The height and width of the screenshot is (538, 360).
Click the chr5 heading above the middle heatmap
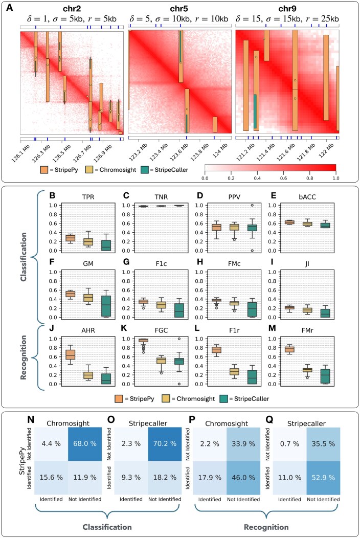click(x=178, y=9)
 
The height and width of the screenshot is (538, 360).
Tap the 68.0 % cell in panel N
click(x=85, y=443)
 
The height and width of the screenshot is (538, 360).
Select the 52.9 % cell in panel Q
click(x=323, y=477)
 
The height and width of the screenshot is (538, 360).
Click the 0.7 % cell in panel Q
click(x=289, y=443)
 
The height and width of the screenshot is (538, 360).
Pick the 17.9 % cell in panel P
click(x=209, y=477)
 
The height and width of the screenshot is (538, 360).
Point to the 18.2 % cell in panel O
click(x=165, y=477)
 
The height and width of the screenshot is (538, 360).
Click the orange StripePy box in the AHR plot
click(x=71, y=354)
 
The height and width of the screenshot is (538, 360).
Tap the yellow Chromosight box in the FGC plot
click(x=161, y=361)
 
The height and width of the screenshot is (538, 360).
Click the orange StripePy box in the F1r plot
click(x=216, y=350)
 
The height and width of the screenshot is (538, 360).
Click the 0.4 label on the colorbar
click(x=257, y=178)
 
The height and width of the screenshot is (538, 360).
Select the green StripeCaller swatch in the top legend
click(x=145, y=169)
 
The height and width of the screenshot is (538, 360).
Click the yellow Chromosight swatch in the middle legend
click(x=166, y=399)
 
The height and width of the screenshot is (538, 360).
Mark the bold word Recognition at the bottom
click(x=266, y=527)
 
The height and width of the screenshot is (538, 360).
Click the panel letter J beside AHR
click(x=52, y=329)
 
